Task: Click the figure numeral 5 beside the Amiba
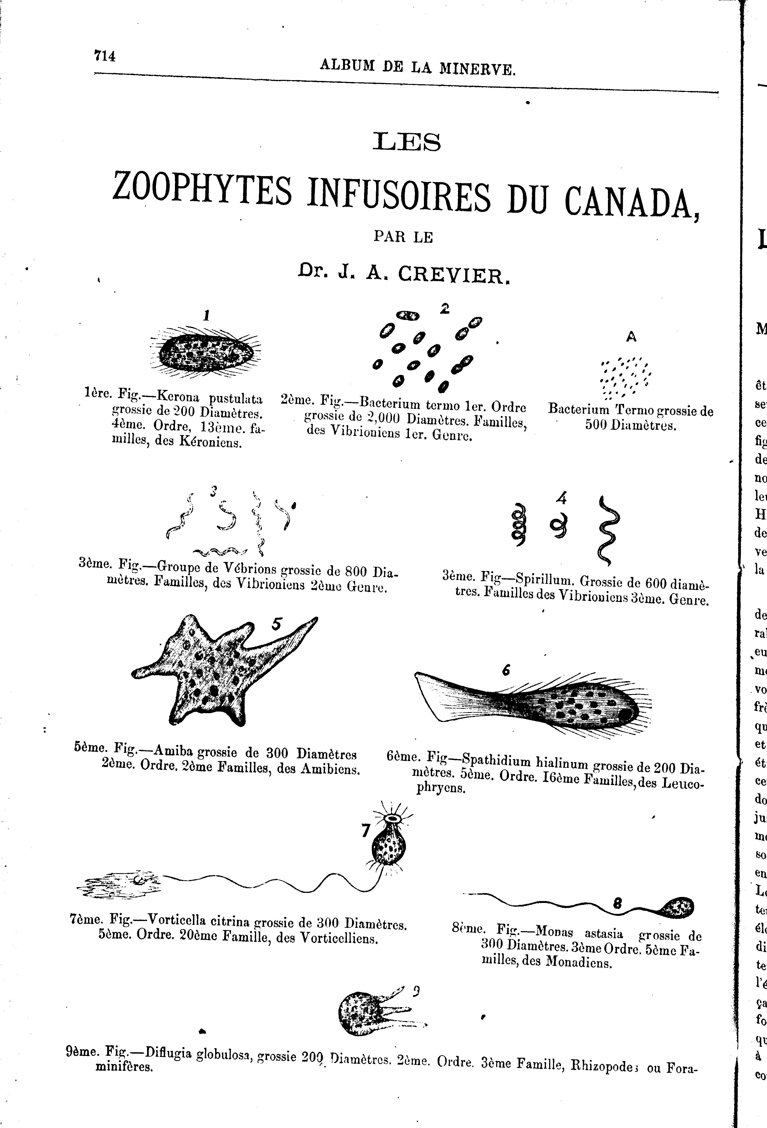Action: coord(277,624)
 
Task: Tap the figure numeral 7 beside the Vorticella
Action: coord(366,832)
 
